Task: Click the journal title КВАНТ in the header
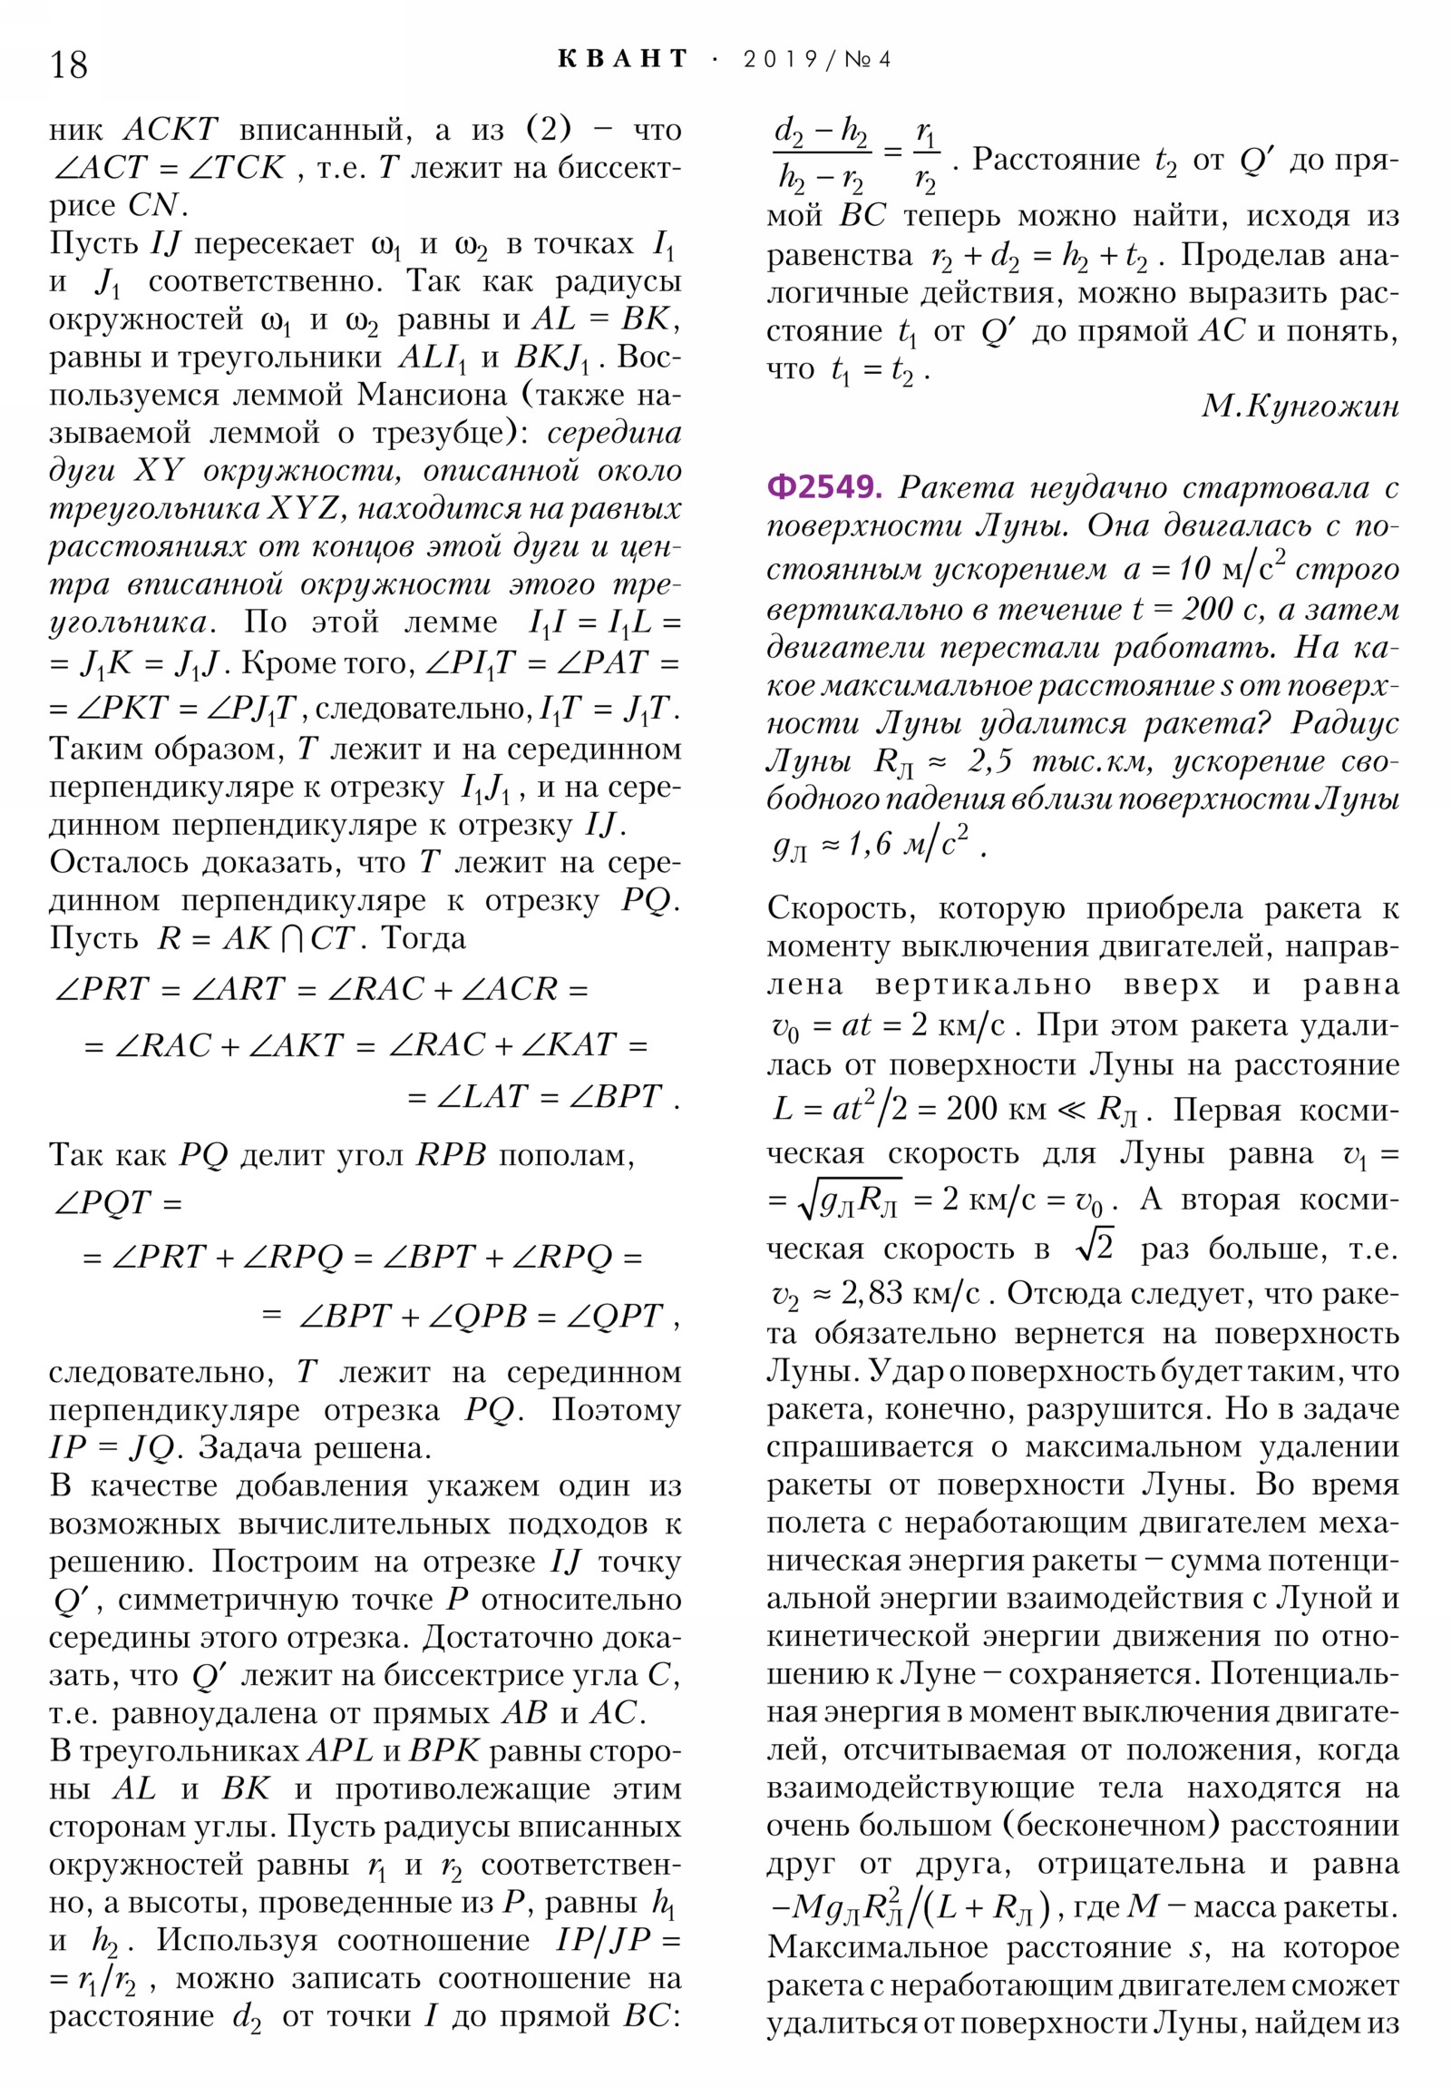[623, 60]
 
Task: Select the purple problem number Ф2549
[824, 488]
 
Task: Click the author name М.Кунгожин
[1300, 407]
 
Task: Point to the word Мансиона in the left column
[433, 396]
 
